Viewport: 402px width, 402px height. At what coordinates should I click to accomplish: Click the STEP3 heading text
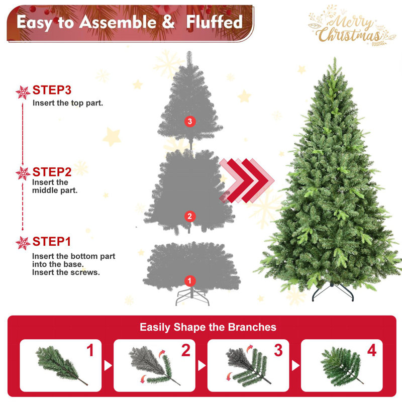coord(52,90)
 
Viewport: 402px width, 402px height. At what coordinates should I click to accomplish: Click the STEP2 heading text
coord(52,172)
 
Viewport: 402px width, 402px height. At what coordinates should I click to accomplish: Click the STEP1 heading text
coord(52,242)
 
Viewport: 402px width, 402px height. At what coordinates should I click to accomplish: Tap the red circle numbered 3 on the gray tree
coord(189,121)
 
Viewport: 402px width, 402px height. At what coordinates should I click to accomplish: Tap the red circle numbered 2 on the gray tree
coord(189,217)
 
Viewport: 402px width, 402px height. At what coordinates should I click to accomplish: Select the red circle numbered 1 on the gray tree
coord(189,280)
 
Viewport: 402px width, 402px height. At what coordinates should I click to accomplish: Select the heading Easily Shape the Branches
coord(208,327)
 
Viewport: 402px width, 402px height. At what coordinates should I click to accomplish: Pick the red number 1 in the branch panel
coord(90,351)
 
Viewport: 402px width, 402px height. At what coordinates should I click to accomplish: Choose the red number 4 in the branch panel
coord(371,351)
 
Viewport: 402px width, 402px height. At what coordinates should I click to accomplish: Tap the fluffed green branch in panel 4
coord(341,365)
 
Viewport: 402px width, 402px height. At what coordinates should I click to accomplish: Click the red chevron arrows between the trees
coord(246,180)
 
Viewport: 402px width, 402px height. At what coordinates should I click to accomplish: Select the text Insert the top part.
coord(68,103)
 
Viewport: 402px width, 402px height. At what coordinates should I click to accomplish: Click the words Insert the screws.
coord(66,272)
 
